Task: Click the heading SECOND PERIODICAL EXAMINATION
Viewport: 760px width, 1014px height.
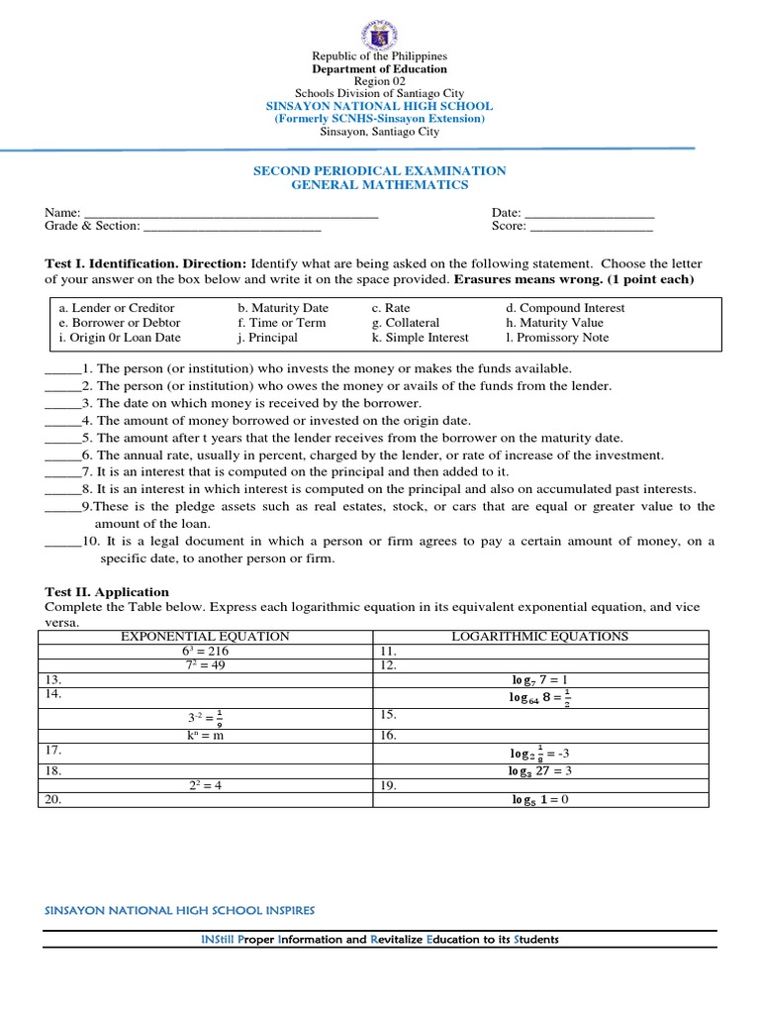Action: tap(380, 170)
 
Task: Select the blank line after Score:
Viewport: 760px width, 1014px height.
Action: tap(592, 228)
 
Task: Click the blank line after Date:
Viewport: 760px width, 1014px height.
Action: tap(588, 214)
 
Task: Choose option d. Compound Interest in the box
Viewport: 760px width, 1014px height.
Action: tap(565, 308)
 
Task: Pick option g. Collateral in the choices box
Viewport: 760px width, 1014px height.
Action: tap(406, 323)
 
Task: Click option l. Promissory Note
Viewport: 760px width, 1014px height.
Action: tap(557, 338)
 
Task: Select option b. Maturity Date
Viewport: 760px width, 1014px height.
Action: tap(283, 308)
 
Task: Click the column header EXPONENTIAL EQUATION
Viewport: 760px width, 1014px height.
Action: tap(205, 637)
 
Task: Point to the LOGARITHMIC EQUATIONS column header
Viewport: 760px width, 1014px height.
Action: tap(539, 637)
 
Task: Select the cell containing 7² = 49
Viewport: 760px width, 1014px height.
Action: tap(205, 665)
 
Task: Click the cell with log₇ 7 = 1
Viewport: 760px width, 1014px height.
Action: tap(539, 680)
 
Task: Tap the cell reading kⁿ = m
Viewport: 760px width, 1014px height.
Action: tap(205, 736)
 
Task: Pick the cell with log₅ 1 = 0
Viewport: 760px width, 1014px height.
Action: tap(539, 800)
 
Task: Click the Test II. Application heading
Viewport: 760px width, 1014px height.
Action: tap(93, 592)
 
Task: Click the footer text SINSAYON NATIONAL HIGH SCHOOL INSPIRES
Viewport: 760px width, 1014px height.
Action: tap(180, 910)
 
